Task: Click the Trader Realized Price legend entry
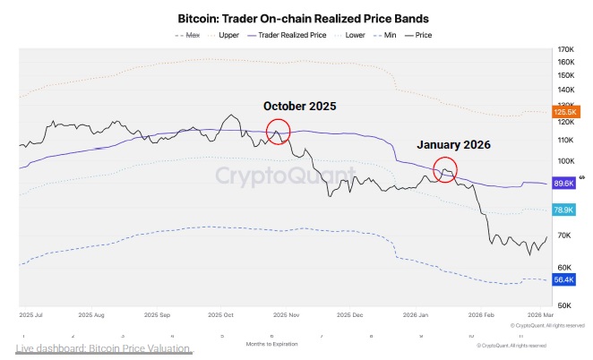pos(288,35)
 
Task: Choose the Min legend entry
pos(390,35)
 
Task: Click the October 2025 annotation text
pos(299,106)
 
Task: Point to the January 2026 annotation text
pos(454,144)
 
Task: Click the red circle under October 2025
pos(279,131)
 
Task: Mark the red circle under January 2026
pos(444,167)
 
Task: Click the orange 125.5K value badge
pos(565,111)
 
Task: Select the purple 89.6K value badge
pos(564,183)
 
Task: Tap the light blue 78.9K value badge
pos(564,209)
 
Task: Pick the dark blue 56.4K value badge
pos(564,279)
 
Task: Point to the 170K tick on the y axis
pos(565,49)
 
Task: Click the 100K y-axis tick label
pos(565,160)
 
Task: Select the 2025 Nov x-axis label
pos(288,315)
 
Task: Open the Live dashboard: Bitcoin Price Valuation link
pos(103,347)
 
